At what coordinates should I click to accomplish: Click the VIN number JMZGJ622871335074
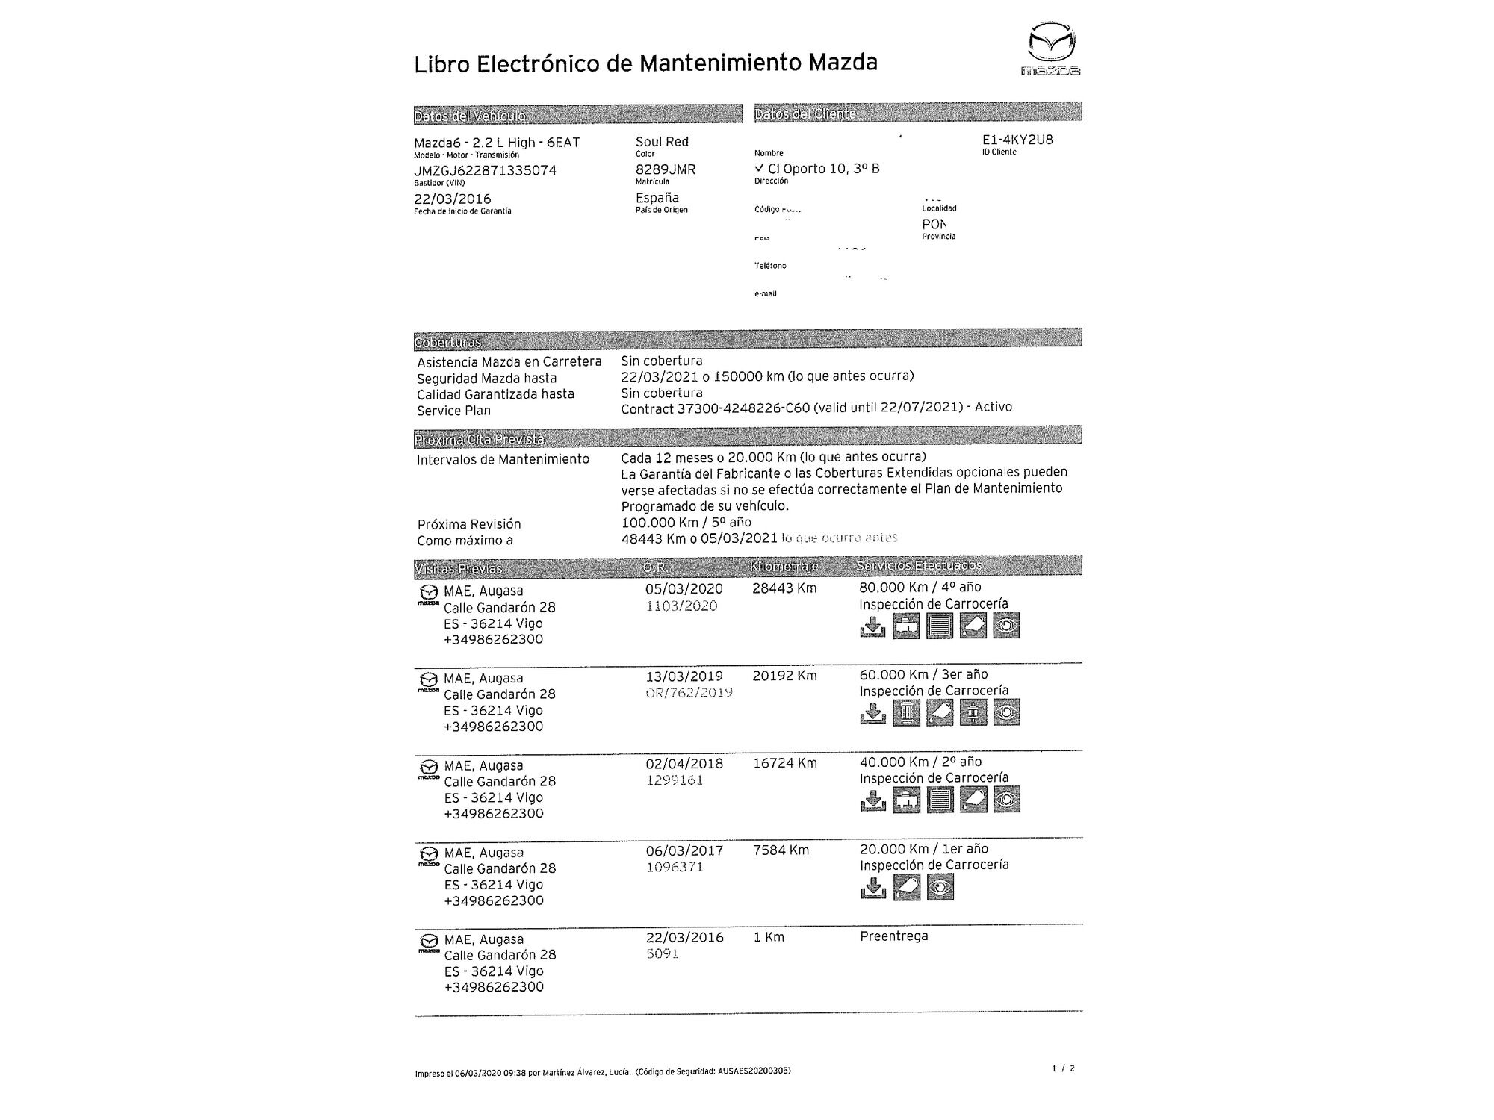[485, 170]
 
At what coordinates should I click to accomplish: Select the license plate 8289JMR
[665, 169]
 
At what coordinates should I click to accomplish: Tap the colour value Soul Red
[662, 141]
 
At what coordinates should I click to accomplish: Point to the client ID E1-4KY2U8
[1017, 140]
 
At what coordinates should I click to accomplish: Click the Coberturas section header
[447, 342]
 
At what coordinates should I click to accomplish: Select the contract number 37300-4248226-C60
[743, 408]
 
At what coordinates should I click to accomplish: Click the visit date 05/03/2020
[684, 588]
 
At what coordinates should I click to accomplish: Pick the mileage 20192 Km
[784, 676]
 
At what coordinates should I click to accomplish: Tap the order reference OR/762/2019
[688, 693]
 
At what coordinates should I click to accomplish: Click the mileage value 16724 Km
[784, 763]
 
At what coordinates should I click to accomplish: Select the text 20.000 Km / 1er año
[923, 849]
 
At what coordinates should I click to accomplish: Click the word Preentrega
[893, 936]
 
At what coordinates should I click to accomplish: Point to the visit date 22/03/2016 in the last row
[684, 937]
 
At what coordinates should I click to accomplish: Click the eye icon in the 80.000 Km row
[1006, 626]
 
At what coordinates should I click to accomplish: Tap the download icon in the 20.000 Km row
[872, 887]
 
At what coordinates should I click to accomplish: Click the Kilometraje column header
[784, 567]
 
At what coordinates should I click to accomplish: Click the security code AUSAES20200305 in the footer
[753, 1071]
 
